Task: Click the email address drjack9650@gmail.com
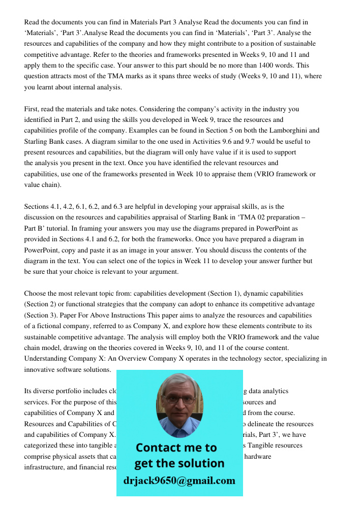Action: pos(179,481)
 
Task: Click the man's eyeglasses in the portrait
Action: pos(179,399)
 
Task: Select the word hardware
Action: pos(258,456)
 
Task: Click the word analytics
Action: pos(271,391)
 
